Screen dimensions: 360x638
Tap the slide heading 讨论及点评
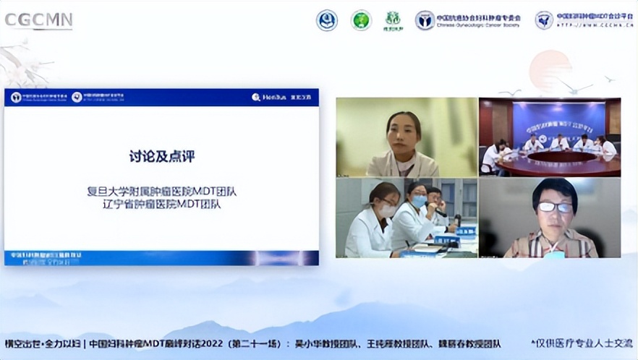[x=162, y=155]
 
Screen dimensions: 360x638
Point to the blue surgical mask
[x=419, y=201]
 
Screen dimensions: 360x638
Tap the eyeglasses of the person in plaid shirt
[x=555, y=207]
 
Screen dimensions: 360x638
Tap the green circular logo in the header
[x=361, y=20]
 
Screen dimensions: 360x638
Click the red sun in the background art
[x=550, y=69]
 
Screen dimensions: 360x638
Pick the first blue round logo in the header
[x=327, y=20]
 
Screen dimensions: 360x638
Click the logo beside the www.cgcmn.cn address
[x=544, y=20]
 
